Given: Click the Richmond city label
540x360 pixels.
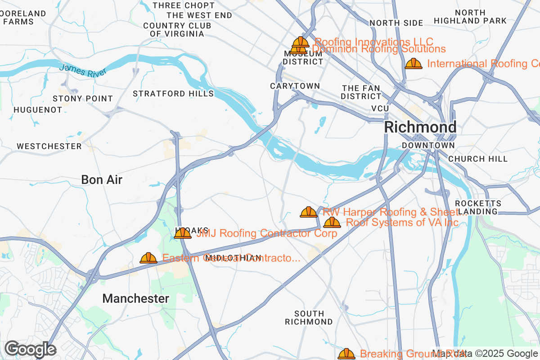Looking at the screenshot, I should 420,127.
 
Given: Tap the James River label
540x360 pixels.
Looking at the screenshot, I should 83,70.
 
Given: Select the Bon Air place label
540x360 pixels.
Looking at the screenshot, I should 102,180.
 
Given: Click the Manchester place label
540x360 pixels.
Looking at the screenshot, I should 136,298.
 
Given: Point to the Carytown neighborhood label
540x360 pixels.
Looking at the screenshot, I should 295,86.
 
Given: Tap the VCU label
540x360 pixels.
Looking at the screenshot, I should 380,108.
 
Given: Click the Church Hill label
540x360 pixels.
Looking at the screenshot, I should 478,159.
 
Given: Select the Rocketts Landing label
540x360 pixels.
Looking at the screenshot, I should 478,207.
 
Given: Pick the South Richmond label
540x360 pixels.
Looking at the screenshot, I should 309,318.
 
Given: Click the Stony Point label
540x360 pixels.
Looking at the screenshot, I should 83,99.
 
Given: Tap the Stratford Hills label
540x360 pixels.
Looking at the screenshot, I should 173,94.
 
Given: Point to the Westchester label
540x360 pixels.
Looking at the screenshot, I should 49,146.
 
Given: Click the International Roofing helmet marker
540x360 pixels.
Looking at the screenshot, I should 414,63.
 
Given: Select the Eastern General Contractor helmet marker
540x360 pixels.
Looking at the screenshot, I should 148,258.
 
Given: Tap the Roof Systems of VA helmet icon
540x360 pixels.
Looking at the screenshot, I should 332,222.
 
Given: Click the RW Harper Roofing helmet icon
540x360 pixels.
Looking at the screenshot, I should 309,211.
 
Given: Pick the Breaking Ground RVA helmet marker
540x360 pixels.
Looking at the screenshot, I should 346,354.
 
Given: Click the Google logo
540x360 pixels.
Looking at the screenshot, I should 30,349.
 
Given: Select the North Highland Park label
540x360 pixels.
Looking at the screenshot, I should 470,17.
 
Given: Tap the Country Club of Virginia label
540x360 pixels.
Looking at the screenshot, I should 177,30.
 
